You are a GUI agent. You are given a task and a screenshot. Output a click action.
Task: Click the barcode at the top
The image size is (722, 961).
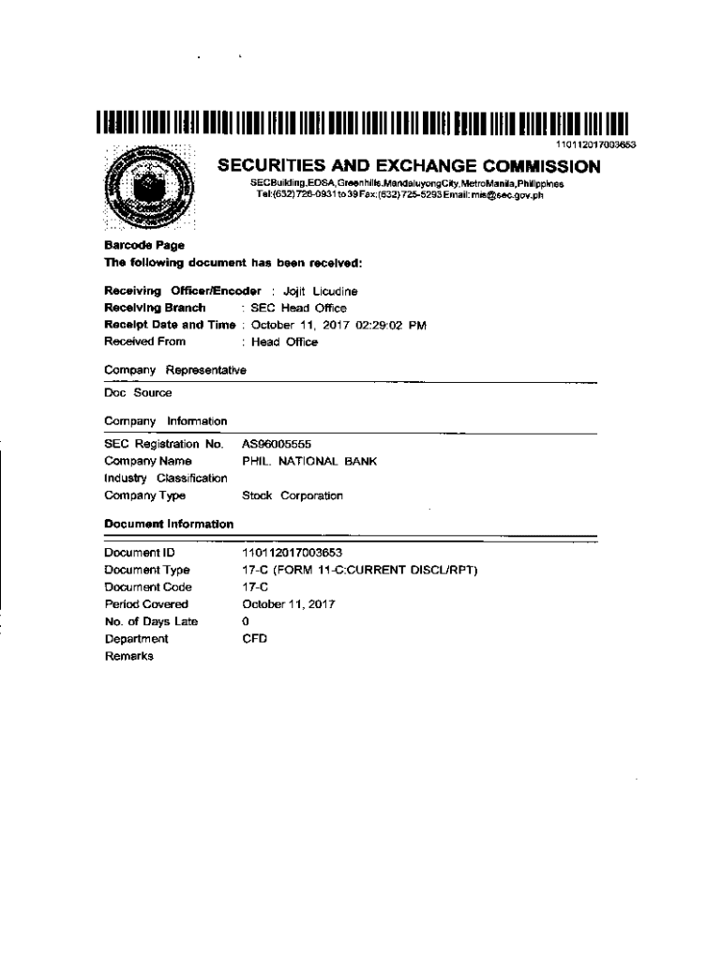[360, 126]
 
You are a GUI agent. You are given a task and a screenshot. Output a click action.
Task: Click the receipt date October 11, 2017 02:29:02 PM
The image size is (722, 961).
[335, 325]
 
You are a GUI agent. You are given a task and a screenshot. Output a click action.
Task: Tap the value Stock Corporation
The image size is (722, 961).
[293, 496]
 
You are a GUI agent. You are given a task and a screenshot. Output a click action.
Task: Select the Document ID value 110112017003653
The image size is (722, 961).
[292, 553]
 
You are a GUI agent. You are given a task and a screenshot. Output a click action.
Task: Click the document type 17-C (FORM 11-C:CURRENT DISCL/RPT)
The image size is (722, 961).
[360, 570]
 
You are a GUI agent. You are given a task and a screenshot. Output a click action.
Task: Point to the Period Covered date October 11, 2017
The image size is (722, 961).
[289, 604]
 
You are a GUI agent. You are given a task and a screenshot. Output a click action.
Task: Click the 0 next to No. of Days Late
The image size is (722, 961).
[246, 621]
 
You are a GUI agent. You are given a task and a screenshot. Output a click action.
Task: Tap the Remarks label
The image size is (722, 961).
[128, 656]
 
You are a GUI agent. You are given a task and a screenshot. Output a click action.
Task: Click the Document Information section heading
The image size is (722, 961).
[169, 523]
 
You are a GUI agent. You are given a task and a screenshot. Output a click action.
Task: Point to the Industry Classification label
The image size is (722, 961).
[166, 479]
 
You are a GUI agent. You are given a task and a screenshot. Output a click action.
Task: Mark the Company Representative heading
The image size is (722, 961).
[175, 370]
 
